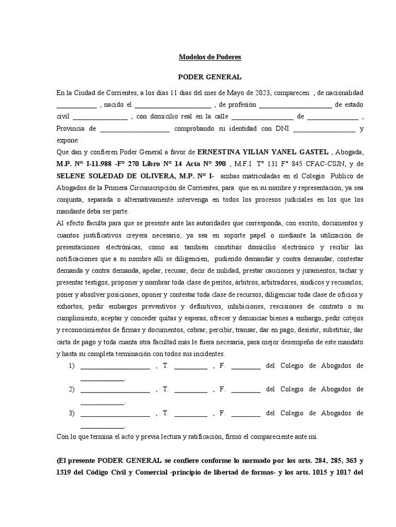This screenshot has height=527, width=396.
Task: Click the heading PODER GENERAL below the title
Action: pyautogui.click(x=209, y=77)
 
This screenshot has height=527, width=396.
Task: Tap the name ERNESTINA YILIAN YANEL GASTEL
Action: pyautogui.click(x=263, y=152)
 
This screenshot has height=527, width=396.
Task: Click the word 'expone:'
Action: pyautogui.click(x=68, y=140)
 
